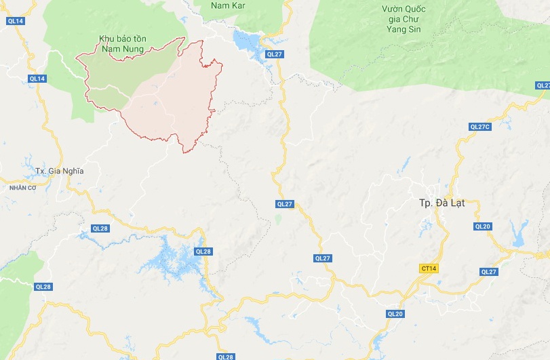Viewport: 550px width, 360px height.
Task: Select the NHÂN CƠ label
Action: click(22, 187)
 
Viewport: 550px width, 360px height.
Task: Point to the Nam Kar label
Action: click(227, 5)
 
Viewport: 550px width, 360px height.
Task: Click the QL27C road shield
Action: click(479, 127)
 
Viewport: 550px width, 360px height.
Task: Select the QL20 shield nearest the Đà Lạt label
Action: click(483, 226)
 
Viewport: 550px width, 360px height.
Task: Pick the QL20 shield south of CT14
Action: click(395, 314)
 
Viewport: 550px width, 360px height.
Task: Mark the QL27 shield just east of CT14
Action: click(488, 272)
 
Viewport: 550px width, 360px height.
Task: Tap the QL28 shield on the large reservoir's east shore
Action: click(203, 252)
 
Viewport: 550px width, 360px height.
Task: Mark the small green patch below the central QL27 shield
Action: click(278, 219)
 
